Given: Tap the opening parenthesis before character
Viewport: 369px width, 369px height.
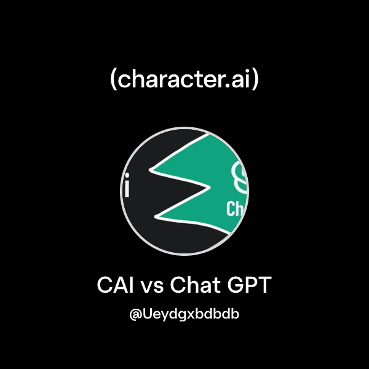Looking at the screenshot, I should coord(114,81).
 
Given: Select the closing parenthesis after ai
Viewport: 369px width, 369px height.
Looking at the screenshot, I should coord(255,81).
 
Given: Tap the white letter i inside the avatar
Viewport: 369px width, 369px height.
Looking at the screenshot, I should coord(127,187).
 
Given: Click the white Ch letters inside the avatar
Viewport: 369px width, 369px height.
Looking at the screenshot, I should coord(236,209).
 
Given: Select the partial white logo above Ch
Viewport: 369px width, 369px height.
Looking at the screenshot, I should coord(239,178).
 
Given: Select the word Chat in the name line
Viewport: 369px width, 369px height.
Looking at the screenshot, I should coord(195,286).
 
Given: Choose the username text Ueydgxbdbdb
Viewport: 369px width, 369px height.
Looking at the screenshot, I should coord(191,315).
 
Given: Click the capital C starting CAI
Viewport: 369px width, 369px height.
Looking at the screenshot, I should coord(105,286).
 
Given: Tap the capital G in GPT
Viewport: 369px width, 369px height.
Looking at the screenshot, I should coord(236,286).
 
